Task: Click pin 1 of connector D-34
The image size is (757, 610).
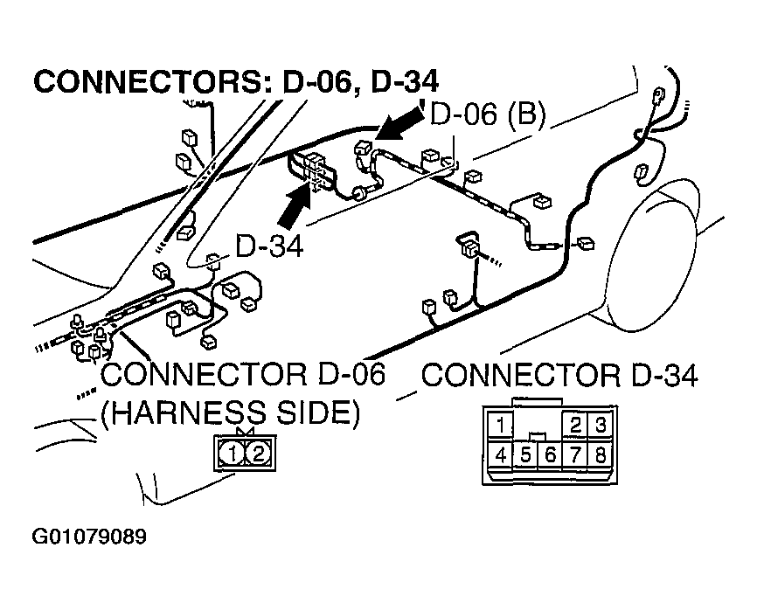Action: [x=500, y=426]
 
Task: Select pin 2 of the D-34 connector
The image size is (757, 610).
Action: [x=576, y=426]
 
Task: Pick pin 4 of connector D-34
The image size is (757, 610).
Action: [x=500, y=454]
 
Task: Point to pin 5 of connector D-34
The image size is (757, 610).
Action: [x=526, y=454]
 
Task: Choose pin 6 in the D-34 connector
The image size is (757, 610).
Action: [x=551, y=454]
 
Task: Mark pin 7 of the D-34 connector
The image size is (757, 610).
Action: [x=576, y=454]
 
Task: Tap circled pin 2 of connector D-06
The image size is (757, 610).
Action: [x=259, y=453]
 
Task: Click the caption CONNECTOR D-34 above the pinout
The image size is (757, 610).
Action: [x=560, y=376]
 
